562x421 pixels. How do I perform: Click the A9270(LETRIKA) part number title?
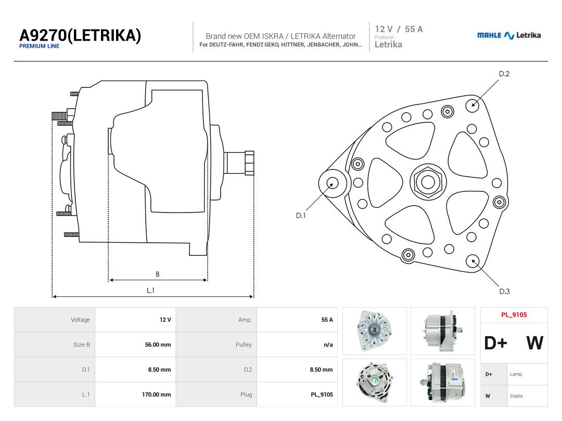click(x=80, y=35)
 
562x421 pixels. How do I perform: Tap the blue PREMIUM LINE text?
click(x=39, y=46)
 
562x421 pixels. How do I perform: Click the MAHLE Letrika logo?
click(x=508, y=35)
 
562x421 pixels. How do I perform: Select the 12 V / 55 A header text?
click(x=399, y=29)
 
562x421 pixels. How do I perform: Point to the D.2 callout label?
click(x=504, y=74)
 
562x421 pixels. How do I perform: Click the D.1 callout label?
click(x=300, y=216)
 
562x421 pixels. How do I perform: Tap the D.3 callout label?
click(x=504, y=292)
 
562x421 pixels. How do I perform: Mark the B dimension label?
click(x=157, y=274)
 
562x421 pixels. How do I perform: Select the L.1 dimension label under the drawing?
click(x=150, y=291)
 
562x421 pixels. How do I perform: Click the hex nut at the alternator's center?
click(x=428, y=182)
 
